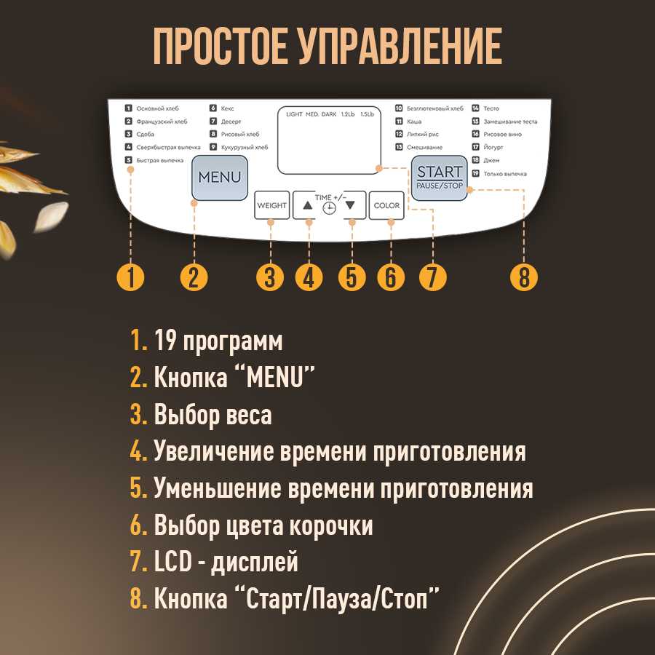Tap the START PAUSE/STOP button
[x=439, y=178]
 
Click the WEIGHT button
[x=271, y=206]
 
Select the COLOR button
[x=386, y=206]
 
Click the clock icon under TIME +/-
[x=330, y=208]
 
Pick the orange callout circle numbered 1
[x=131, y=277]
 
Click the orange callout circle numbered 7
[x=432, y=277]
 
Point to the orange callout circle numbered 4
[x=309, y=277]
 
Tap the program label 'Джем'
[x=491, y=161]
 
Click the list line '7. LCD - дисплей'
[x=214, y=563]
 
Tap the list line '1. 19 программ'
[x=207, y=341]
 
